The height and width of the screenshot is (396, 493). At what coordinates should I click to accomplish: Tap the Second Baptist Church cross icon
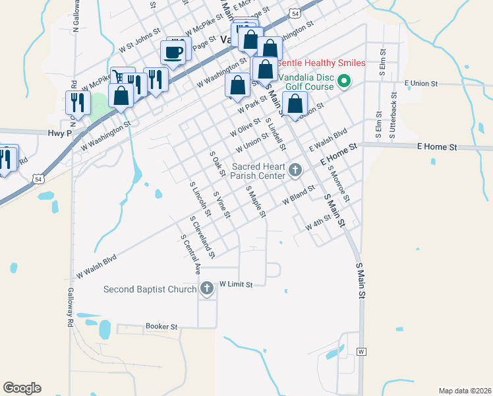click(207, 289)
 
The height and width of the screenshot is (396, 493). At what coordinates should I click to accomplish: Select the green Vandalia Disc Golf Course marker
click(343, 82)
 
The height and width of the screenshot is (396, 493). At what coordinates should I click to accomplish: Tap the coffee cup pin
click(173, 52)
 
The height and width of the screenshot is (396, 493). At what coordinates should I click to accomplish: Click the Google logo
click(22, 388)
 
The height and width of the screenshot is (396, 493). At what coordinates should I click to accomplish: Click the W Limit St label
click(236, 284)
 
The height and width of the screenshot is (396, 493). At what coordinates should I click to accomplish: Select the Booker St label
click(161, 327)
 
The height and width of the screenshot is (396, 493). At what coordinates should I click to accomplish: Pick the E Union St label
click(421, 82)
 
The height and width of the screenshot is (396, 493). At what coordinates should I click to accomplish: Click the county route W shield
click(361, 352)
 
